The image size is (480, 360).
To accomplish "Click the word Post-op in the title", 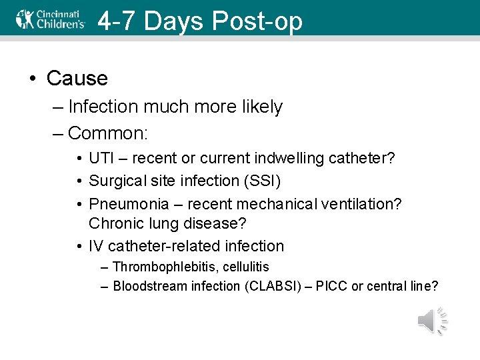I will click(x=257, y=21).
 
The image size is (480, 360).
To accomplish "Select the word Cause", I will click(x=77, y=78).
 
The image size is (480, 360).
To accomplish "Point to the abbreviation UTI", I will click(x=102, y=159).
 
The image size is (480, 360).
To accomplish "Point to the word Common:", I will click(x=108, y=133).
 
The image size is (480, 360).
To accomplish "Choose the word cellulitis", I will click(x=245, y=267).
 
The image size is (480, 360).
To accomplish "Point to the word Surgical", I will click(x=117, y=181).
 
